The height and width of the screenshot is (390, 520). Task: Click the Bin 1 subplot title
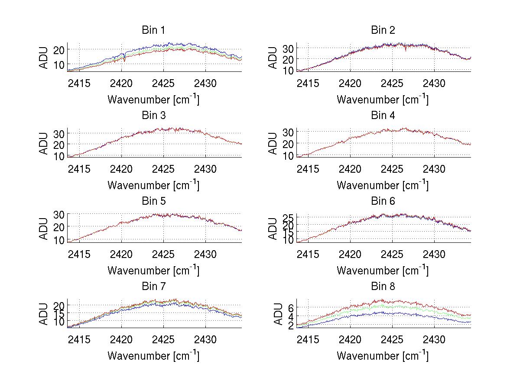click(153, 30)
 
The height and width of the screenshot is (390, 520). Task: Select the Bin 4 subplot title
click(383, 116)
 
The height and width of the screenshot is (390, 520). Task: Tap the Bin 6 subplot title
click(383, 201)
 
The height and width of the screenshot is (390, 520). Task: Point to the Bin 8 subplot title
click(383, 287)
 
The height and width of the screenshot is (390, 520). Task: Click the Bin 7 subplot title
click(153, 287)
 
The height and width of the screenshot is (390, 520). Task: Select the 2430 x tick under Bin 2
click(434, 83)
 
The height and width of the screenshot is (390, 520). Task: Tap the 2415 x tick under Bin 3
click(79, 168)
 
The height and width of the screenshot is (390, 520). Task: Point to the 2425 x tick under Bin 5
click(164, 254)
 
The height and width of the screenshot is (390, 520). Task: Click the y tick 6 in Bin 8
click(291, 308)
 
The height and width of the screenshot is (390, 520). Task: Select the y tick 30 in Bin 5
click(59, 215)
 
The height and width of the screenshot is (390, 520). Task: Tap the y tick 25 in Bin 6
click(288, 217)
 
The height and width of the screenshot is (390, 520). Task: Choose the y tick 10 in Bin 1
click(59, 64)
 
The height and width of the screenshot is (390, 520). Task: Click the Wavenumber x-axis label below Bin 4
click(383, 185)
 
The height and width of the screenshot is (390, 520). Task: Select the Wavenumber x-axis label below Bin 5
click(153, 271)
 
